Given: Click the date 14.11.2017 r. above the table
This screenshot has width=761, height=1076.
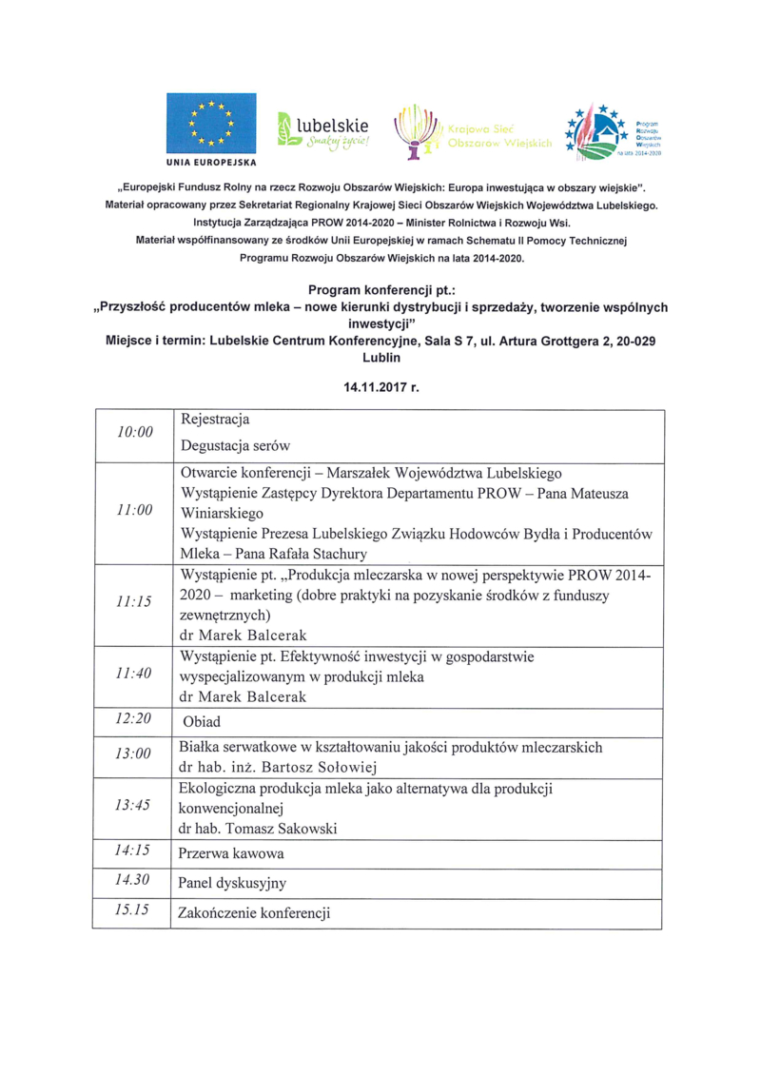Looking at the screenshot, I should tap(381, 387).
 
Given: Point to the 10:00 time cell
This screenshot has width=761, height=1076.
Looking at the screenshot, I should tap(134, 432).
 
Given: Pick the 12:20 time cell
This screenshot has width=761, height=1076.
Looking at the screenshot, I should tap(134, 719).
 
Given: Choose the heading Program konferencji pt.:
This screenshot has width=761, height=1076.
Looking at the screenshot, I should tap(380, 288).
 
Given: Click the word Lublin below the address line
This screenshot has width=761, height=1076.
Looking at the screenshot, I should tap(381, 360).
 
